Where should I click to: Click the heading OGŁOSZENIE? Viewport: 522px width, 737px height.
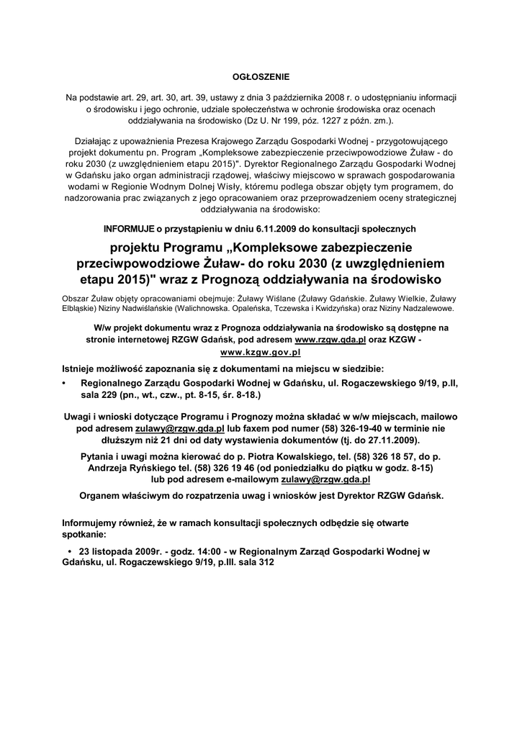(261, 76)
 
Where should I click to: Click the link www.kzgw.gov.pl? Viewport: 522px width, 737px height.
(260, 353)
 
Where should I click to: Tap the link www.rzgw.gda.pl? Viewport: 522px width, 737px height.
(330, 339)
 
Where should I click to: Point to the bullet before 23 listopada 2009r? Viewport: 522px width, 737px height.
(70, 552)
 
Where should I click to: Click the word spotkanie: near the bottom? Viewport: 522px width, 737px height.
(84, 535)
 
